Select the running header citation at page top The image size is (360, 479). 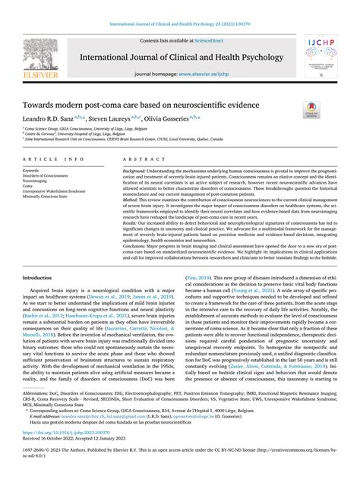coord(179,7)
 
